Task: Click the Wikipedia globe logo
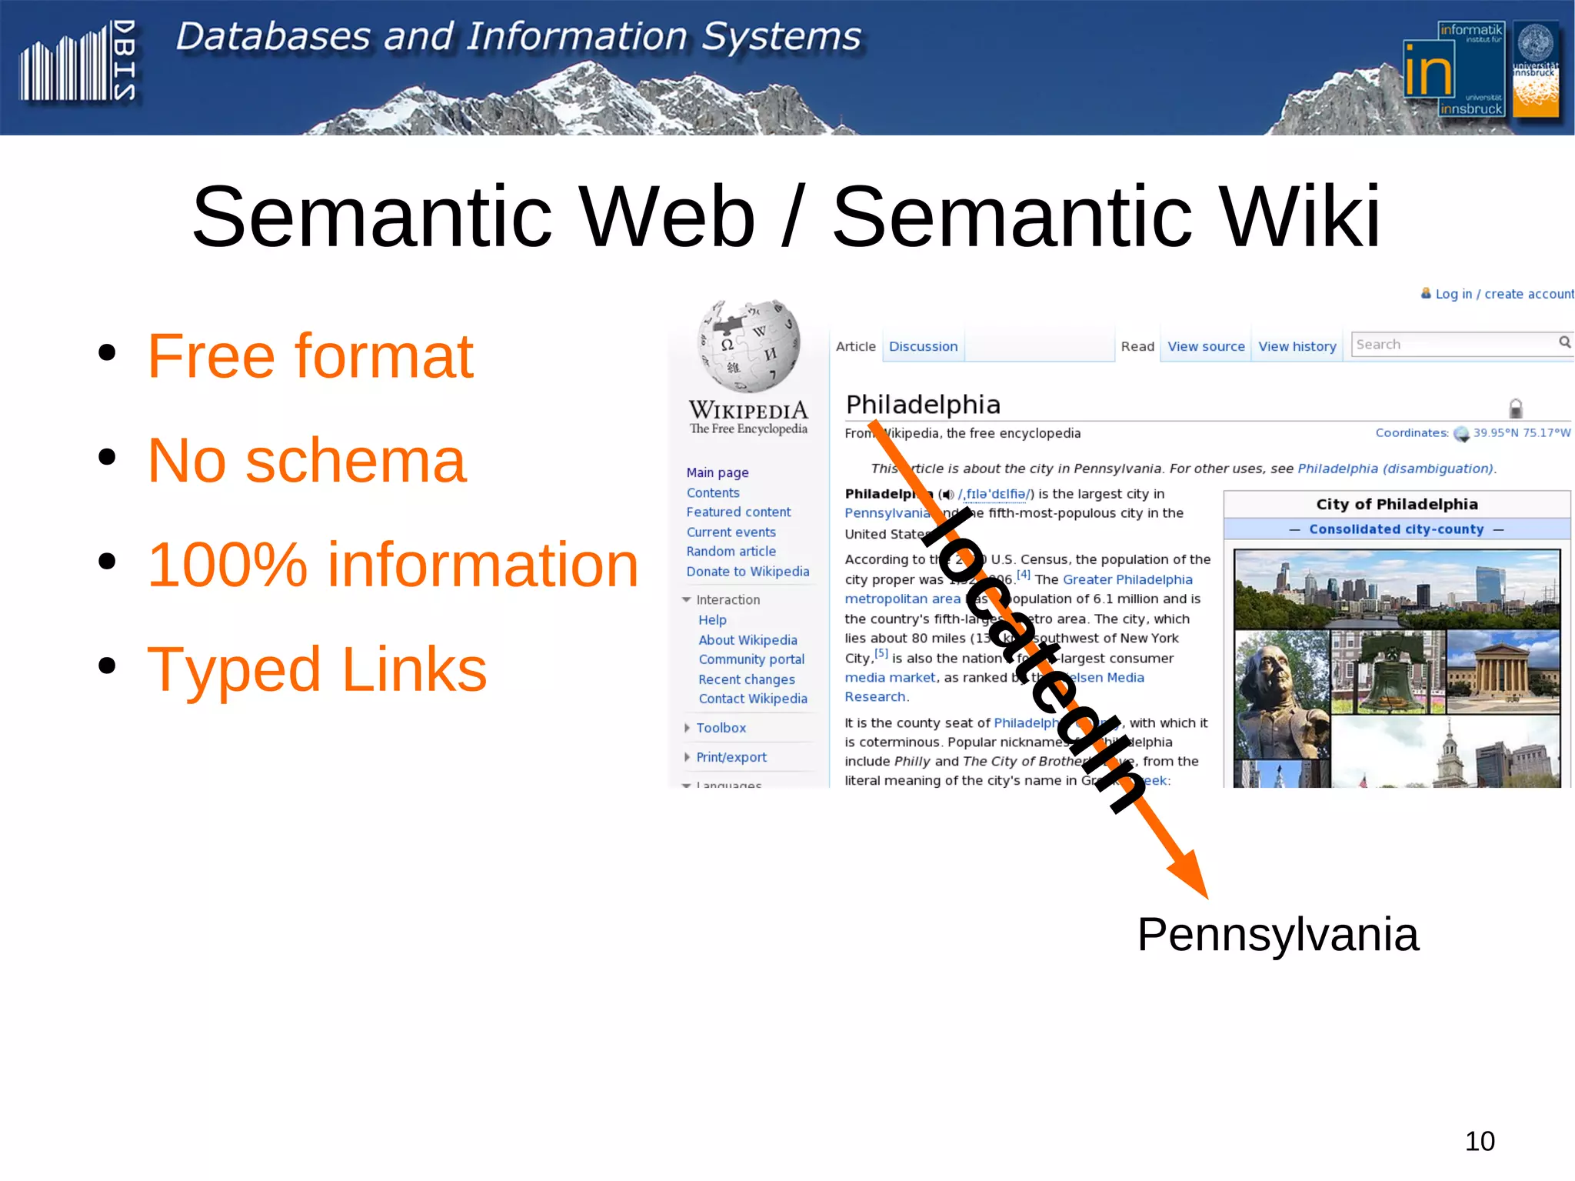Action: [x=748, y=345]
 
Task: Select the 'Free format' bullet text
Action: [x=310, y=356]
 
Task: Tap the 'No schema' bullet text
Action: [x=307, y=460]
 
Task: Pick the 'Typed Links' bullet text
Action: [x=317, y=669]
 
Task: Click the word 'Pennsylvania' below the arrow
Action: [x=1277, y=935]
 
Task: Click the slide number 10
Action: [x=1480, y=1141]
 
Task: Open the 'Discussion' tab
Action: [x=923, y=346]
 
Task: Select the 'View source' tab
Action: [x=1205, y=346]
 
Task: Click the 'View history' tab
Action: [x=1297, y=346]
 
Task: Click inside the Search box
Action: [x=1453, y=344]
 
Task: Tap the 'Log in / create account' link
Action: [x=1503, y=294]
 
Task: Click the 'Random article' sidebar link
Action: [x=731, y=551]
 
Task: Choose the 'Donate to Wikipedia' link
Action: [x=748, y=571]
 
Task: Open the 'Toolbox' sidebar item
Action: [x=721, y=728]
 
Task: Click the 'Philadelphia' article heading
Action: [x=923, y=405]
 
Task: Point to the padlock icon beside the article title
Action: [x=1515, y=408]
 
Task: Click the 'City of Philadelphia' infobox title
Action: [x=1397, y=504]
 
